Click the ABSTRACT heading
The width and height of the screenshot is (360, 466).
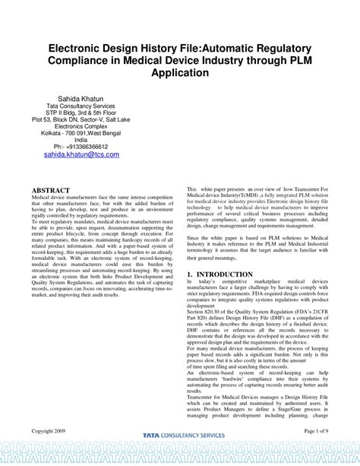(50, 189)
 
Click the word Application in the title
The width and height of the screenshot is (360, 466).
(179, 73)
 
